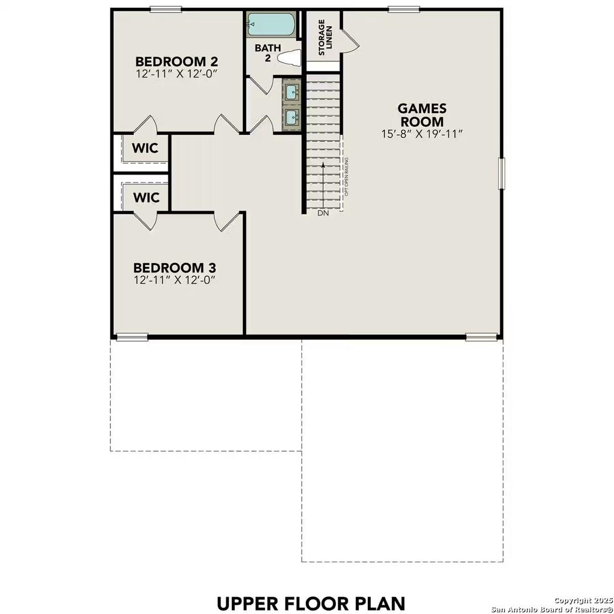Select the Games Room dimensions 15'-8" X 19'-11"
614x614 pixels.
coord(422,134)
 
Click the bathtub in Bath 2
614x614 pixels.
coord(271,25)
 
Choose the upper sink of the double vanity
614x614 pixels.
coord(292,92)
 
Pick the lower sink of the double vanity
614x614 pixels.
coord(292,118)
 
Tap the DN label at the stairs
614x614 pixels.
coord(323,213)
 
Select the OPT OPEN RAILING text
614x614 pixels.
coord(346,177)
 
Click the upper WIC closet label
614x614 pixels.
coord(146,148)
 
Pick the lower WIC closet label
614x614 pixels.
coord(146,197)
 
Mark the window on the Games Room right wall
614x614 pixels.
coord(501,173)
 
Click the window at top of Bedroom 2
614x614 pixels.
coord(165,9)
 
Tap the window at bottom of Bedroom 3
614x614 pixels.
coord(132,337)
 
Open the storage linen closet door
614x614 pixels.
coord(349,42)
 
